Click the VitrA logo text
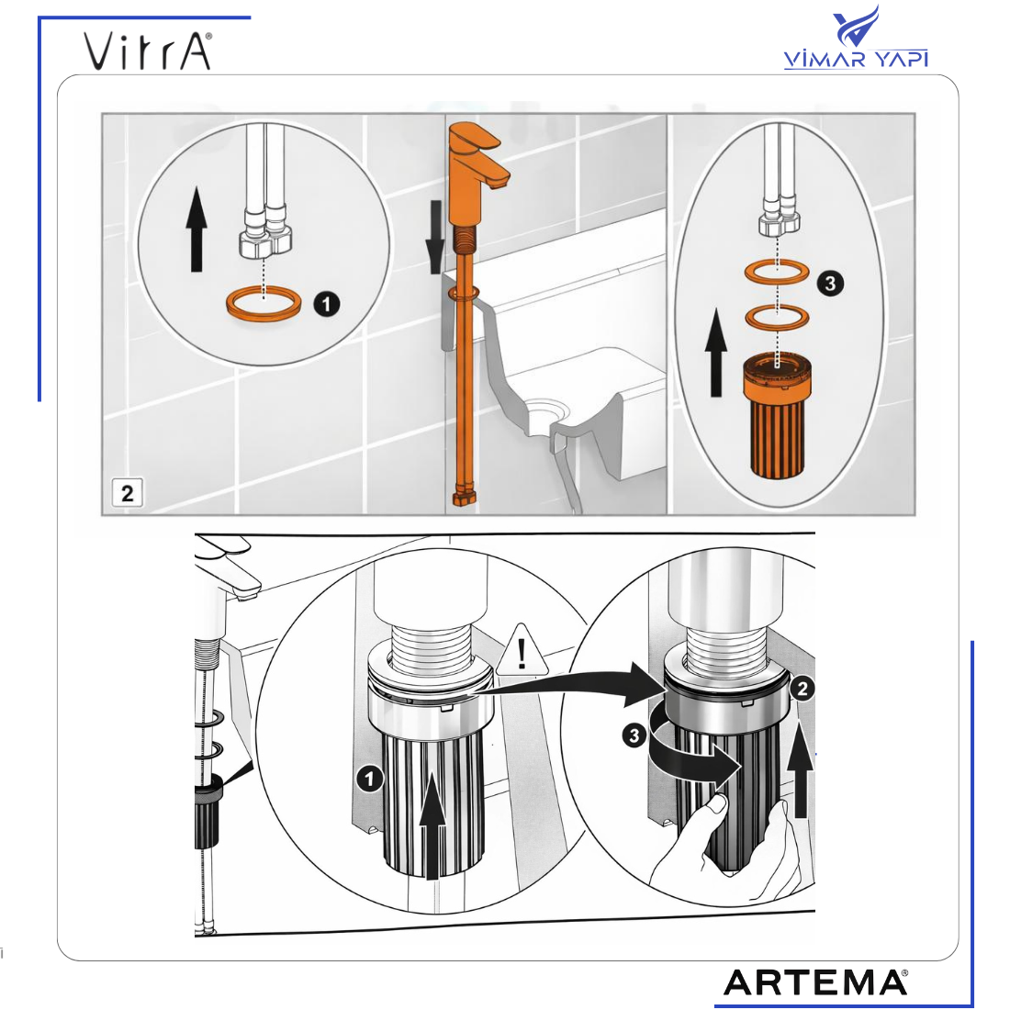coord(148,50)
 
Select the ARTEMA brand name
coord(815,982)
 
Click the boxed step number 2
coord(127,493)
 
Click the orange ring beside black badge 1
coord(264,303)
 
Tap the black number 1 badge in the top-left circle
coord(327,303)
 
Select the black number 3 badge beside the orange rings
coord(830,283)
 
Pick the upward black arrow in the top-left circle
coord(196,229)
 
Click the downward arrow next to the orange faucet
coord(435,236)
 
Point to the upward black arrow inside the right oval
coord(715,352)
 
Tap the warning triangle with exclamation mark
coord(522,651)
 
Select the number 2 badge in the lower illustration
coord(802,690)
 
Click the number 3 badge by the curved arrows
coord(634,735)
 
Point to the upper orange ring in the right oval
coord(777,271)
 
